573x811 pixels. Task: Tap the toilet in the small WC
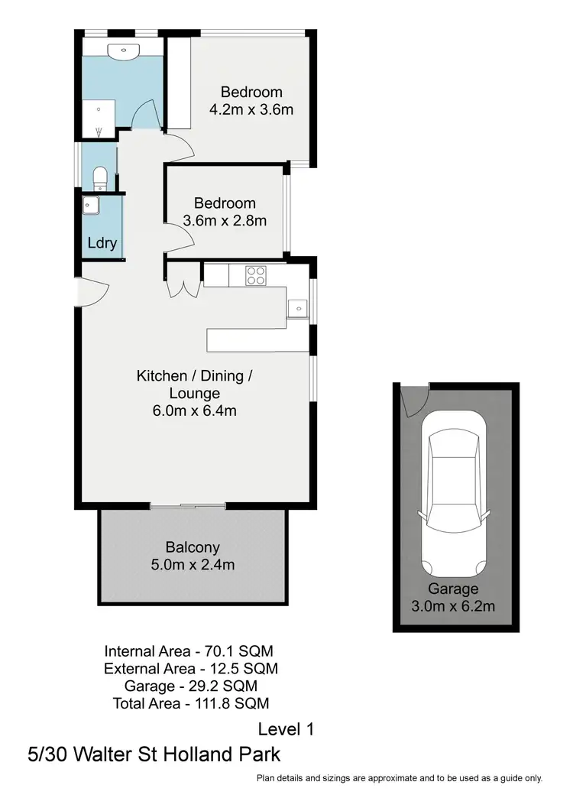pos(98,180)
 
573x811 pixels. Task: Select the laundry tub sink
pos(92,204)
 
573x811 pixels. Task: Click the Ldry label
pos(102,244)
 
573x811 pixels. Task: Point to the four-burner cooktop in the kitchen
pos(255,275)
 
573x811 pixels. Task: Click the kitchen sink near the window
pos(297,308)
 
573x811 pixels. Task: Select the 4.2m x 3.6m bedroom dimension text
pos(251,109)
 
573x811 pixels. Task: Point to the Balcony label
pos(193,547)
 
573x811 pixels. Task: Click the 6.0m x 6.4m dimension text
pos(194,411)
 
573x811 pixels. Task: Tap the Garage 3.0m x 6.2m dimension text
pos(453,607)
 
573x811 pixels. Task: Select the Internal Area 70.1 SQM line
pos(189,651)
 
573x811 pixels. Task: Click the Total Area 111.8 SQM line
pos(190,702)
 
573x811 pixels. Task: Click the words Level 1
pos(286,728)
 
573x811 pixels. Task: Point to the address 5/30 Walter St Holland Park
pos(154,754)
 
